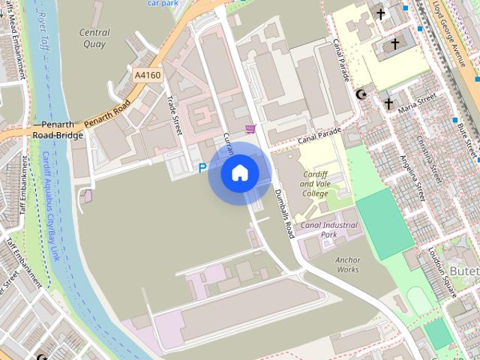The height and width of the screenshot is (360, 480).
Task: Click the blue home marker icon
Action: click(240, 172)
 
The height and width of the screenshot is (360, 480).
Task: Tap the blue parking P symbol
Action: click(202, 169)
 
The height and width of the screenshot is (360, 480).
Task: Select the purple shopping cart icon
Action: click(250, 128)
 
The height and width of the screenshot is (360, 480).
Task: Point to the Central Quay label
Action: click(94, 38)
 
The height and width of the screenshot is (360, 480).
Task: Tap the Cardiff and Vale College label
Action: click(315, 184)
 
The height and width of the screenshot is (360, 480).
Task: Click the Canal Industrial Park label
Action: click(328, 229)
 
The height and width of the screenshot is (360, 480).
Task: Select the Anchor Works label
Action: click(348, 265)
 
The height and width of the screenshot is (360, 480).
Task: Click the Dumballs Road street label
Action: click(284, 213)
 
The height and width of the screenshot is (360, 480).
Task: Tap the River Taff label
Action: click(40, 29)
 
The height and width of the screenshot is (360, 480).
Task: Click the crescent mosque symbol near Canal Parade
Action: click(362, 94)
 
